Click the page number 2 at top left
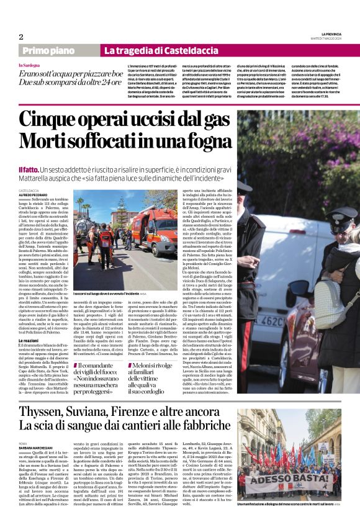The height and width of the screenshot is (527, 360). tap(20, 37)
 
